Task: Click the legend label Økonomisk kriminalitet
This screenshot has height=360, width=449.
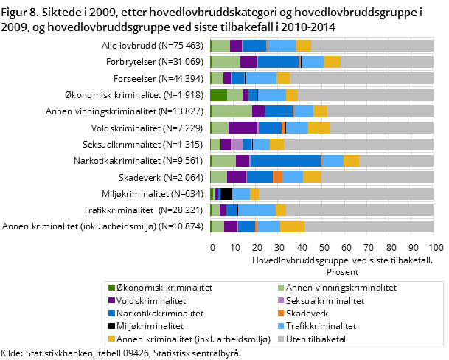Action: click(154, 288)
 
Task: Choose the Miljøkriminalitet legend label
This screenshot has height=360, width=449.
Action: click(150, 325)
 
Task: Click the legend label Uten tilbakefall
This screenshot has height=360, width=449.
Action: click(317, 339)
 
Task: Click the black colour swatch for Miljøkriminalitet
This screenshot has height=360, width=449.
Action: click(111, 325)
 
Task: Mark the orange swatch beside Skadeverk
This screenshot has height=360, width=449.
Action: click(280, 313)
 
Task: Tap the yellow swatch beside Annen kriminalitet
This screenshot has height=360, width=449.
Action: click(111, 339)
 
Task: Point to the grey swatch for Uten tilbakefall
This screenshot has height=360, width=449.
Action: click(280, 339)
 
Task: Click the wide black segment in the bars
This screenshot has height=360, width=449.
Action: click(226, 194)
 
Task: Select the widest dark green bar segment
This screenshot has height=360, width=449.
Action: click(218, 94)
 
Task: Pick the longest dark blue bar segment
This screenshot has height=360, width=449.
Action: click(285, 161)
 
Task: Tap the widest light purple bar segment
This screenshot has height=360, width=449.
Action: click(236, 144)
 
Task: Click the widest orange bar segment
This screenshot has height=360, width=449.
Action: click(277, 177)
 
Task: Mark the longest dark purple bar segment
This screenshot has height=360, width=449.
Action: click(243, 128)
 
